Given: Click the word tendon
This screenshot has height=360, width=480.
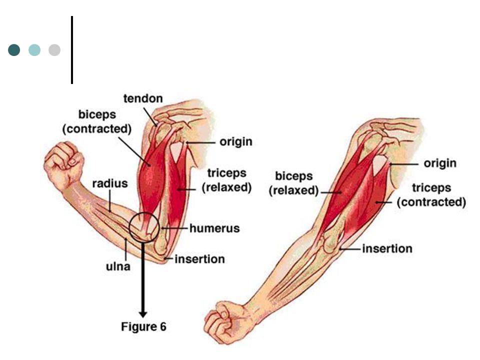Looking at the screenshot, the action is [143, 98].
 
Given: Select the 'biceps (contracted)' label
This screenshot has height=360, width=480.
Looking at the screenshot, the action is [97, 121].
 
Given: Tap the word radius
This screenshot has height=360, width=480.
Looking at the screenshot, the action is [110, 183].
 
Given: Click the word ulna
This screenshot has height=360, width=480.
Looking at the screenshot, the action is [118, 266].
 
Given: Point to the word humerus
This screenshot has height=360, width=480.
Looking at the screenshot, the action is [214, 228].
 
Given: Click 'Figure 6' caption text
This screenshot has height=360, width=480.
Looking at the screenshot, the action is [143, 326].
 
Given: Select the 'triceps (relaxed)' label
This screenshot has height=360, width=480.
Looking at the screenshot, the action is [227, 180].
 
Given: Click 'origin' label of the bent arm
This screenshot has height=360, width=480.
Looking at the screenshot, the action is [236, 142].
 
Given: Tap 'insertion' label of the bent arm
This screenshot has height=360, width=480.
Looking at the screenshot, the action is [200, 259].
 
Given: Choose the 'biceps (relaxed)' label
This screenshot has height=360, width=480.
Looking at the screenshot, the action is [294, 183].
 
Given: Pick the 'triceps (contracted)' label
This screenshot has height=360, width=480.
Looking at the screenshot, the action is [431, 194].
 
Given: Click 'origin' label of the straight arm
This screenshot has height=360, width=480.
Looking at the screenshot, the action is [440, 163].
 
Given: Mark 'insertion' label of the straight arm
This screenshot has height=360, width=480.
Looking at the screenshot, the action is [387, 248].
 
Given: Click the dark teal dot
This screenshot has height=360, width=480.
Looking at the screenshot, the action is [14, 50].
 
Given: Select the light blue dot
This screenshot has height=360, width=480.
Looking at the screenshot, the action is [34, 50].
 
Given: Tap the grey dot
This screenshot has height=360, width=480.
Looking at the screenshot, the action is [54, 50].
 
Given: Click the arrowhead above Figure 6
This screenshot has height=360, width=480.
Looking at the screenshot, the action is [143, 314].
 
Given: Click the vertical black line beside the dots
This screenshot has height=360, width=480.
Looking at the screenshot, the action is [72, 50].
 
